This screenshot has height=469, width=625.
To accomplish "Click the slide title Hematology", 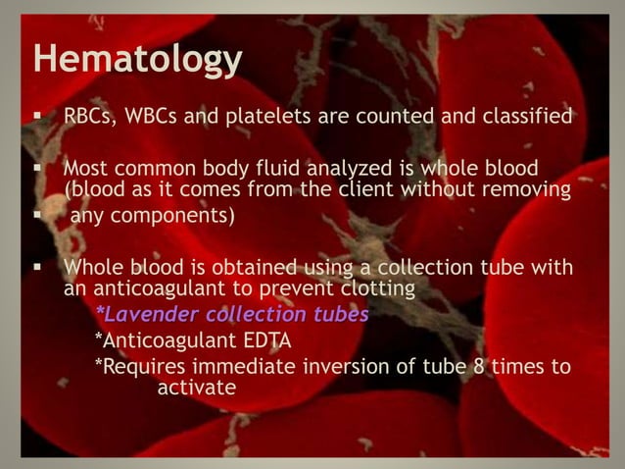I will (x=137, y=60).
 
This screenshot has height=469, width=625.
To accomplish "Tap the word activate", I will (x=196, y=389).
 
